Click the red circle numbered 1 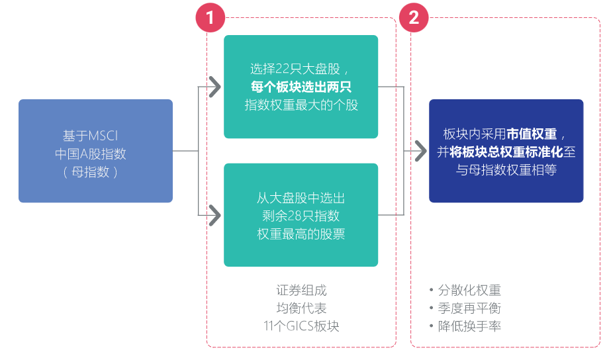(x=210, y=18)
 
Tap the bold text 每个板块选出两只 (x=301, y=86)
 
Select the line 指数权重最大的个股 (x=301, y=105)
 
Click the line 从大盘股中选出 (x=301, y=198)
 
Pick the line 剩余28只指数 (x=301, y=216)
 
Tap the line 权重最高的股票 (x=301, y=234)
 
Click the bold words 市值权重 (x=532, y=132)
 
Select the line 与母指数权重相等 (x=506, y=170)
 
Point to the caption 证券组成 (x=301, y=291)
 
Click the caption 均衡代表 (x=301, y=308)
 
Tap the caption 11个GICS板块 (x=301, y=326)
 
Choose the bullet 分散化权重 (x=469, y=291)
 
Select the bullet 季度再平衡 (x=469, y=308)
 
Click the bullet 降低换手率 (x=469, y=326)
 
